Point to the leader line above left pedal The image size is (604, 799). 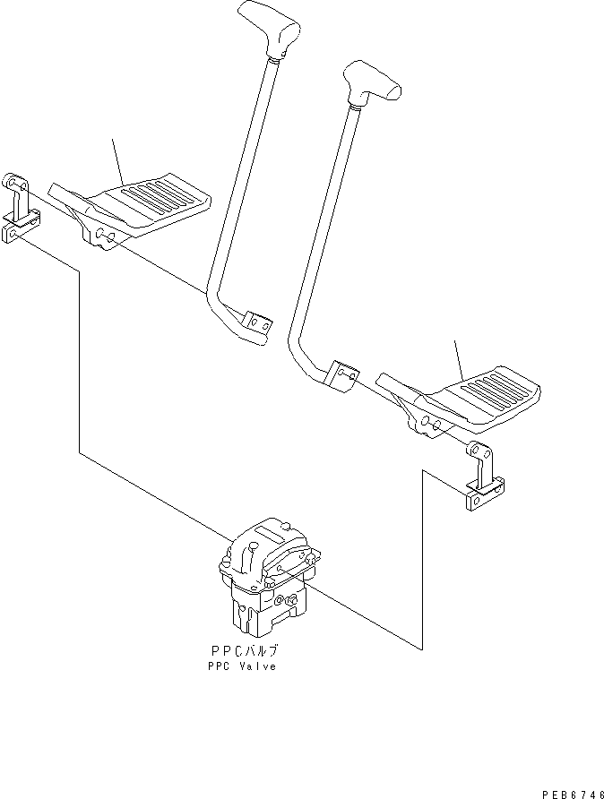(116, 160)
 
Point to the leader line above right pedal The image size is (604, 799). (459, 358)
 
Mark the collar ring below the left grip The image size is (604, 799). (274, 57)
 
